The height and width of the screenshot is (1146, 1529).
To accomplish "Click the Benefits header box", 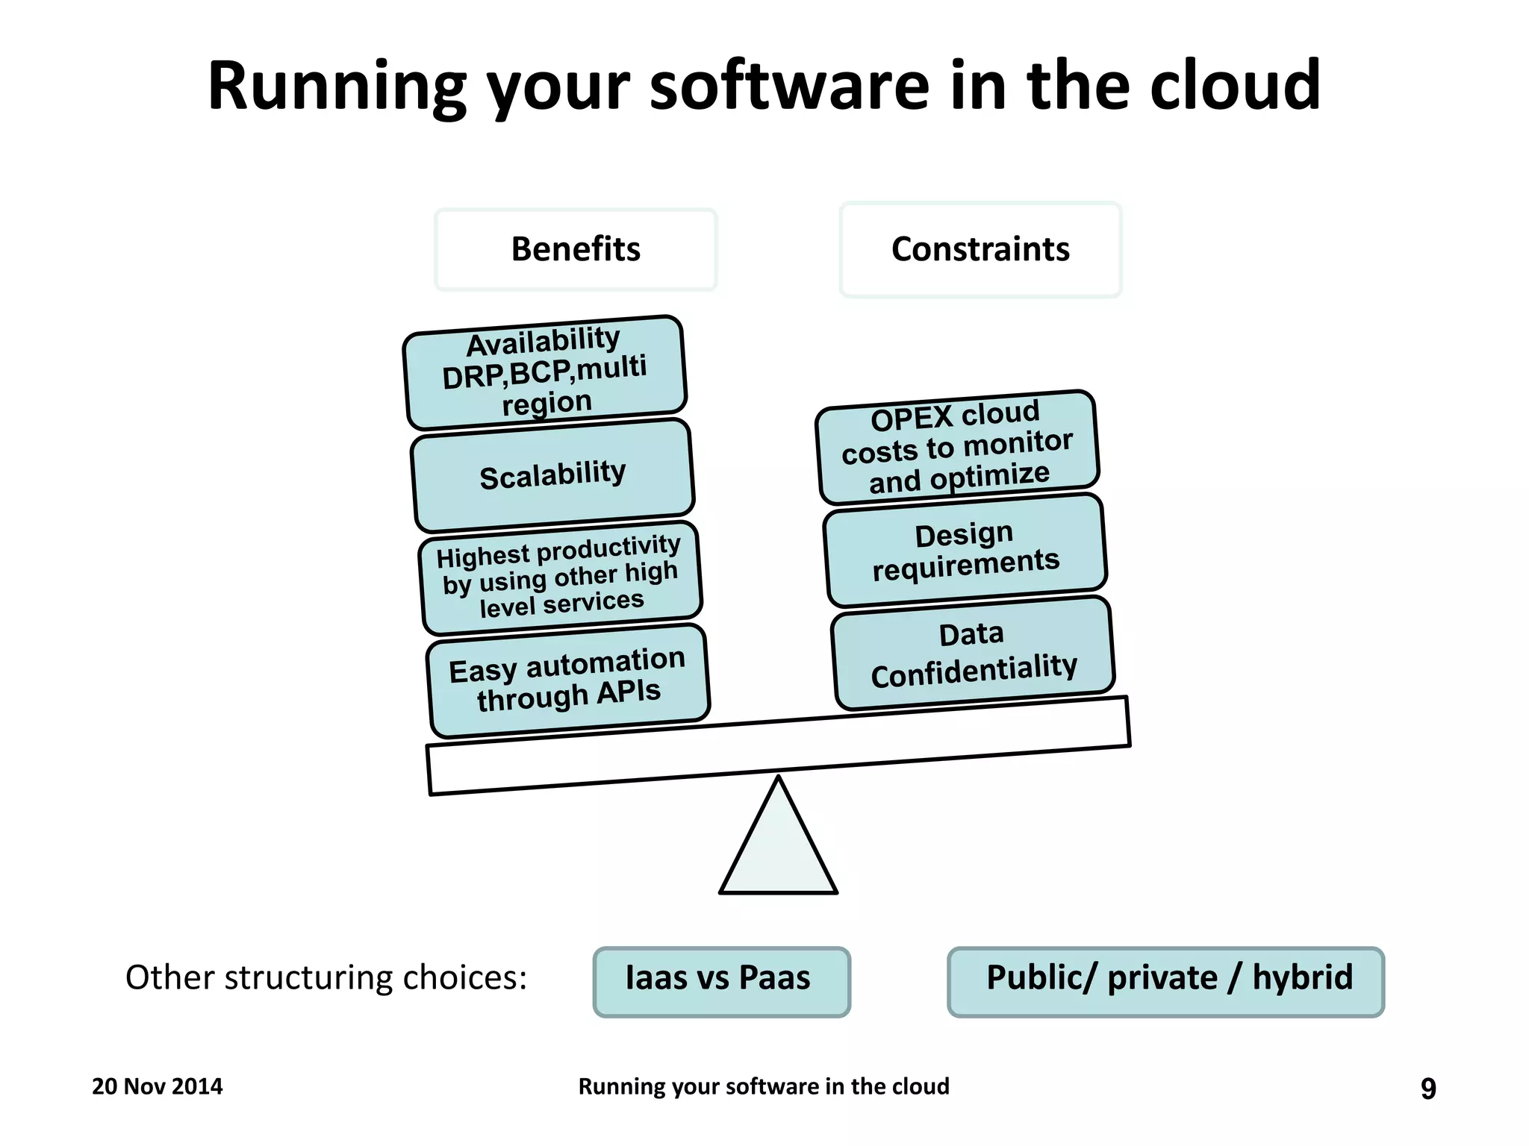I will pos(576,249).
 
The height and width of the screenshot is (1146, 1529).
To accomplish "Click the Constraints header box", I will pos(980,249).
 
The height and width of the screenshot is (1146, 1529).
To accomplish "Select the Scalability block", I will pos(552,475).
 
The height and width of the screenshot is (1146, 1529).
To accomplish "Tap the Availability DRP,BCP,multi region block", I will pos(545,372).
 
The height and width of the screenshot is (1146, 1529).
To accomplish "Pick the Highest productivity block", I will pos(561,577).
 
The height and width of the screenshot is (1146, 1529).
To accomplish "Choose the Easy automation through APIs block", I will pos(568,680).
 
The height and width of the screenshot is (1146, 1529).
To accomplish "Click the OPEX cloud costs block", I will pos(958,448).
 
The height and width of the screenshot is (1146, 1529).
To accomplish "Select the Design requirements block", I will pos(965,551).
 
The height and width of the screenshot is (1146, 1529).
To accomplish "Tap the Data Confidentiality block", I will pos(973,654).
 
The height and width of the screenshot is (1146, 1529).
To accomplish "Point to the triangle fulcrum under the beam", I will pos(778,851).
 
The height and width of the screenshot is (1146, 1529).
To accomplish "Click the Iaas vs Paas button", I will pos(721,980).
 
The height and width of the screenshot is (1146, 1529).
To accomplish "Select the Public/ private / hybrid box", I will pos(1165,980).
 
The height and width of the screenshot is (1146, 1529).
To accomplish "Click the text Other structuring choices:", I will pos(326,977).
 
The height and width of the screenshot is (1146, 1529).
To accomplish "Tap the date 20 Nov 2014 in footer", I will pos(157,1086).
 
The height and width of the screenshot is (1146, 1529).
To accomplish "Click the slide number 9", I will pos(1427,1089).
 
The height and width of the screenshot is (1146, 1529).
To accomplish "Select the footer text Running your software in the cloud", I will pos(764,1086).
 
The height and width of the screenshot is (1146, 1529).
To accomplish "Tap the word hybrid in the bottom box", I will pos(1302,977).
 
